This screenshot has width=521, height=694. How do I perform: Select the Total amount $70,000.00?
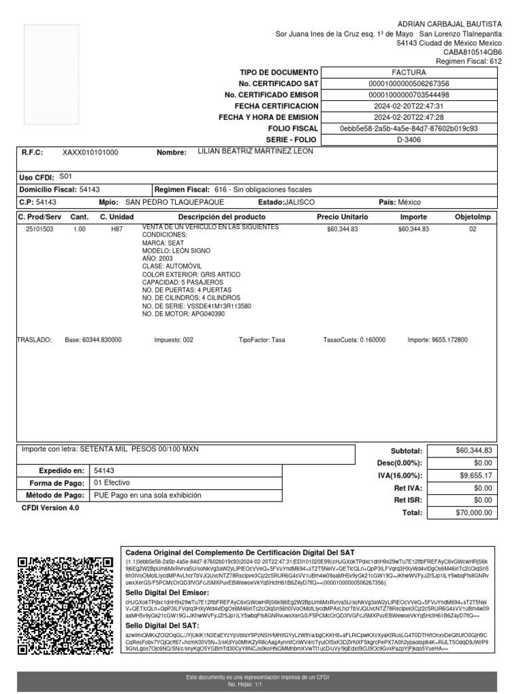coord(474,513)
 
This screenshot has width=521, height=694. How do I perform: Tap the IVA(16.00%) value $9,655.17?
coord(476,476)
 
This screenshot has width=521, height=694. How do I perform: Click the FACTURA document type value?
coord(408,72)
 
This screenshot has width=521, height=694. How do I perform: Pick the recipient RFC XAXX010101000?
coord(90,153)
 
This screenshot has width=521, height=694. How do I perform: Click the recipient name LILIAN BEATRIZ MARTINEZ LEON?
coord(255,151)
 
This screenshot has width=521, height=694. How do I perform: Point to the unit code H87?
coord(117,230)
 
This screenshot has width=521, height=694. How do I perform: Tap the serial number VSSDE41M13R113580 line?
coord(197,306)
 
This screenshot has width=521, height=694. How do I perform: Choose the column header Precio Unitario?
coord(343,217)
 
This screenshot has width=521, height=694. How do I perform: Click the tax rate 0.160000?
coord(365,340)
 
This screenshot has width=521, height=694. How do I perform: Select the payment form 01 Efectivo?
coord(111,483)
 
